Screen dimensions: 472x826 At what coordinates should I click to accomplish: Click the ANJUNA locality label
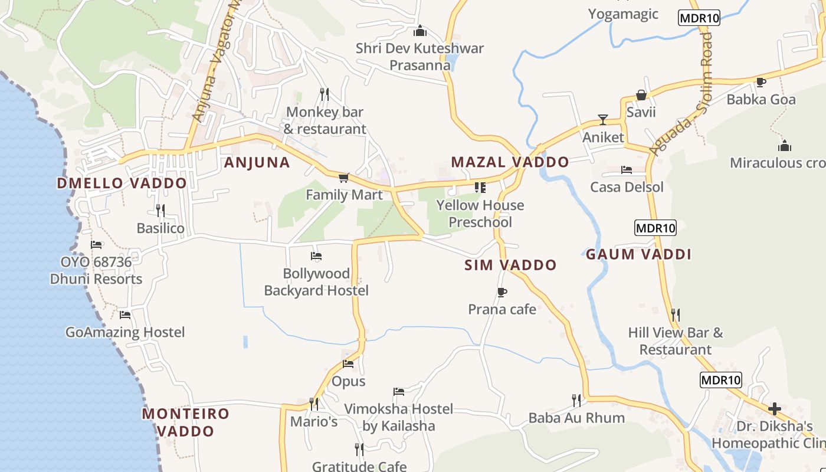point(257,162)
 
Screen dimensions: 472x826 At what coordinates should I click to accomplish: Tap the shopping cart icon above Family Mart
point(344,177)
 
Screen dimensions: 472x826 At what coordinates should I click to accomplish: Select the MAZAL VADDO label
point(510,162)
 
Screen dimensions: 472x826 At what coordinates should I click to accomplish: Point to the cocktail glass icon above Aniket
point(602,120)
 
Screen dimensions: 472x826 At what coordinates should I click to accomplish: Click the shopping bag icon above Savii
point(641,95)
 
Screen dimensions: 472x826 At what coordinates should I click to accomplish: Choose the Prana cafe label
point(502,309)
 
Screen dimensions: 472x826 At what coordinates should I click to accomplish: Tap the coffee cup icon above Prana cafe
point(501,292)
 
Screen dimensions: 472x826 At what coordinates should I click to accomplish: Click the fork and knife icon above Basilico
point(160,210)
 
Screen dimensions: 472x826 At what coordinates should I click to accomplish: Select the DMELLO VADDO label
point(122,183)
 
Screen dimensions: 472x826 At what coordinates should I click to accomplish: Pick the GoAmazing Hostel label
point(125,332)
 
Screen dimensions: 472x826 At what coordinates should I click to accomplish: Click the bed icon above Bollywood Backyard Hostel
point(316,256)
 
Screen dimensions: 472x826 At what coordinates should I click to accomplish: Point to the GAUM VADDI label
point(638,254)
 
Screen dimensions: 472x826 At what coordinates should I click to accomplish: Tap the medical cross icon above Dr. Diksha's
point(774,408)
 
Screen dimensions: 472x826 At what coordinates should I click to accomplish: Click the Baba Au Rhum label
point(576,418)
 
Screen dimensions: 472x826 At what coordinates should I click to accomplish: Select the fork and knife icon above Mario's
point(314,404)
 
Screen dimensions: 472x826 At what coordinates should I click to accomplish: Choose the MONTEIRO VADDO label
point(185,422)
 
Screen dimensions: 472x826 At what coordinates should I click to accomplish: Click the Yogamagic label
point(623,14)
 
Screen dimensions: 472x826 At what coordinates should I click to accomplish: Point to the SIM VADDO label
point(510,265)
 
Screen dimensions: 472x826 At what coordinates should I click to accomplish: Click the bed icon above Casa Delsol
point(627,170)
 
